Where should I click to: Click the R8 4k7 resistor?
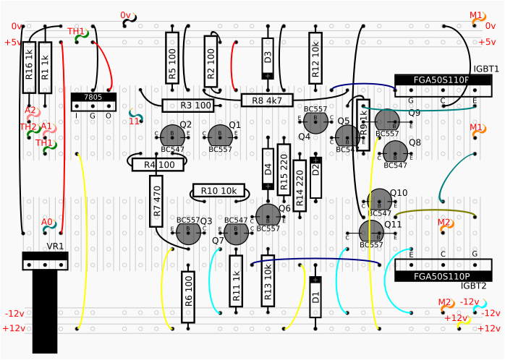pos(267,100)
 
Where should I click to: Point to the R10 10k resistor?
pos(218,191)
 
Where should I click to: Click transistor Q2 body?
pos(172,134)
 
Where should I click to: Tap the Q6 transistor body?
pos(268,215)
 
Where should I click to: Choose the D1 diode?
pos(315,296)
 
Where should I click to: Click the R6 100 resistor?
pos(188,297)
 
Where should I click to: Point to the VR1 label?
pos(55,247)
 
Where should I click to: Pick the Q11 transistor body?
pos(371,231)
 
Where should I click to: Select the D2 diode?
pos(315,177)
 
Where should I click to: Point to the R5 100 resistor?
pos(172,57)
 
